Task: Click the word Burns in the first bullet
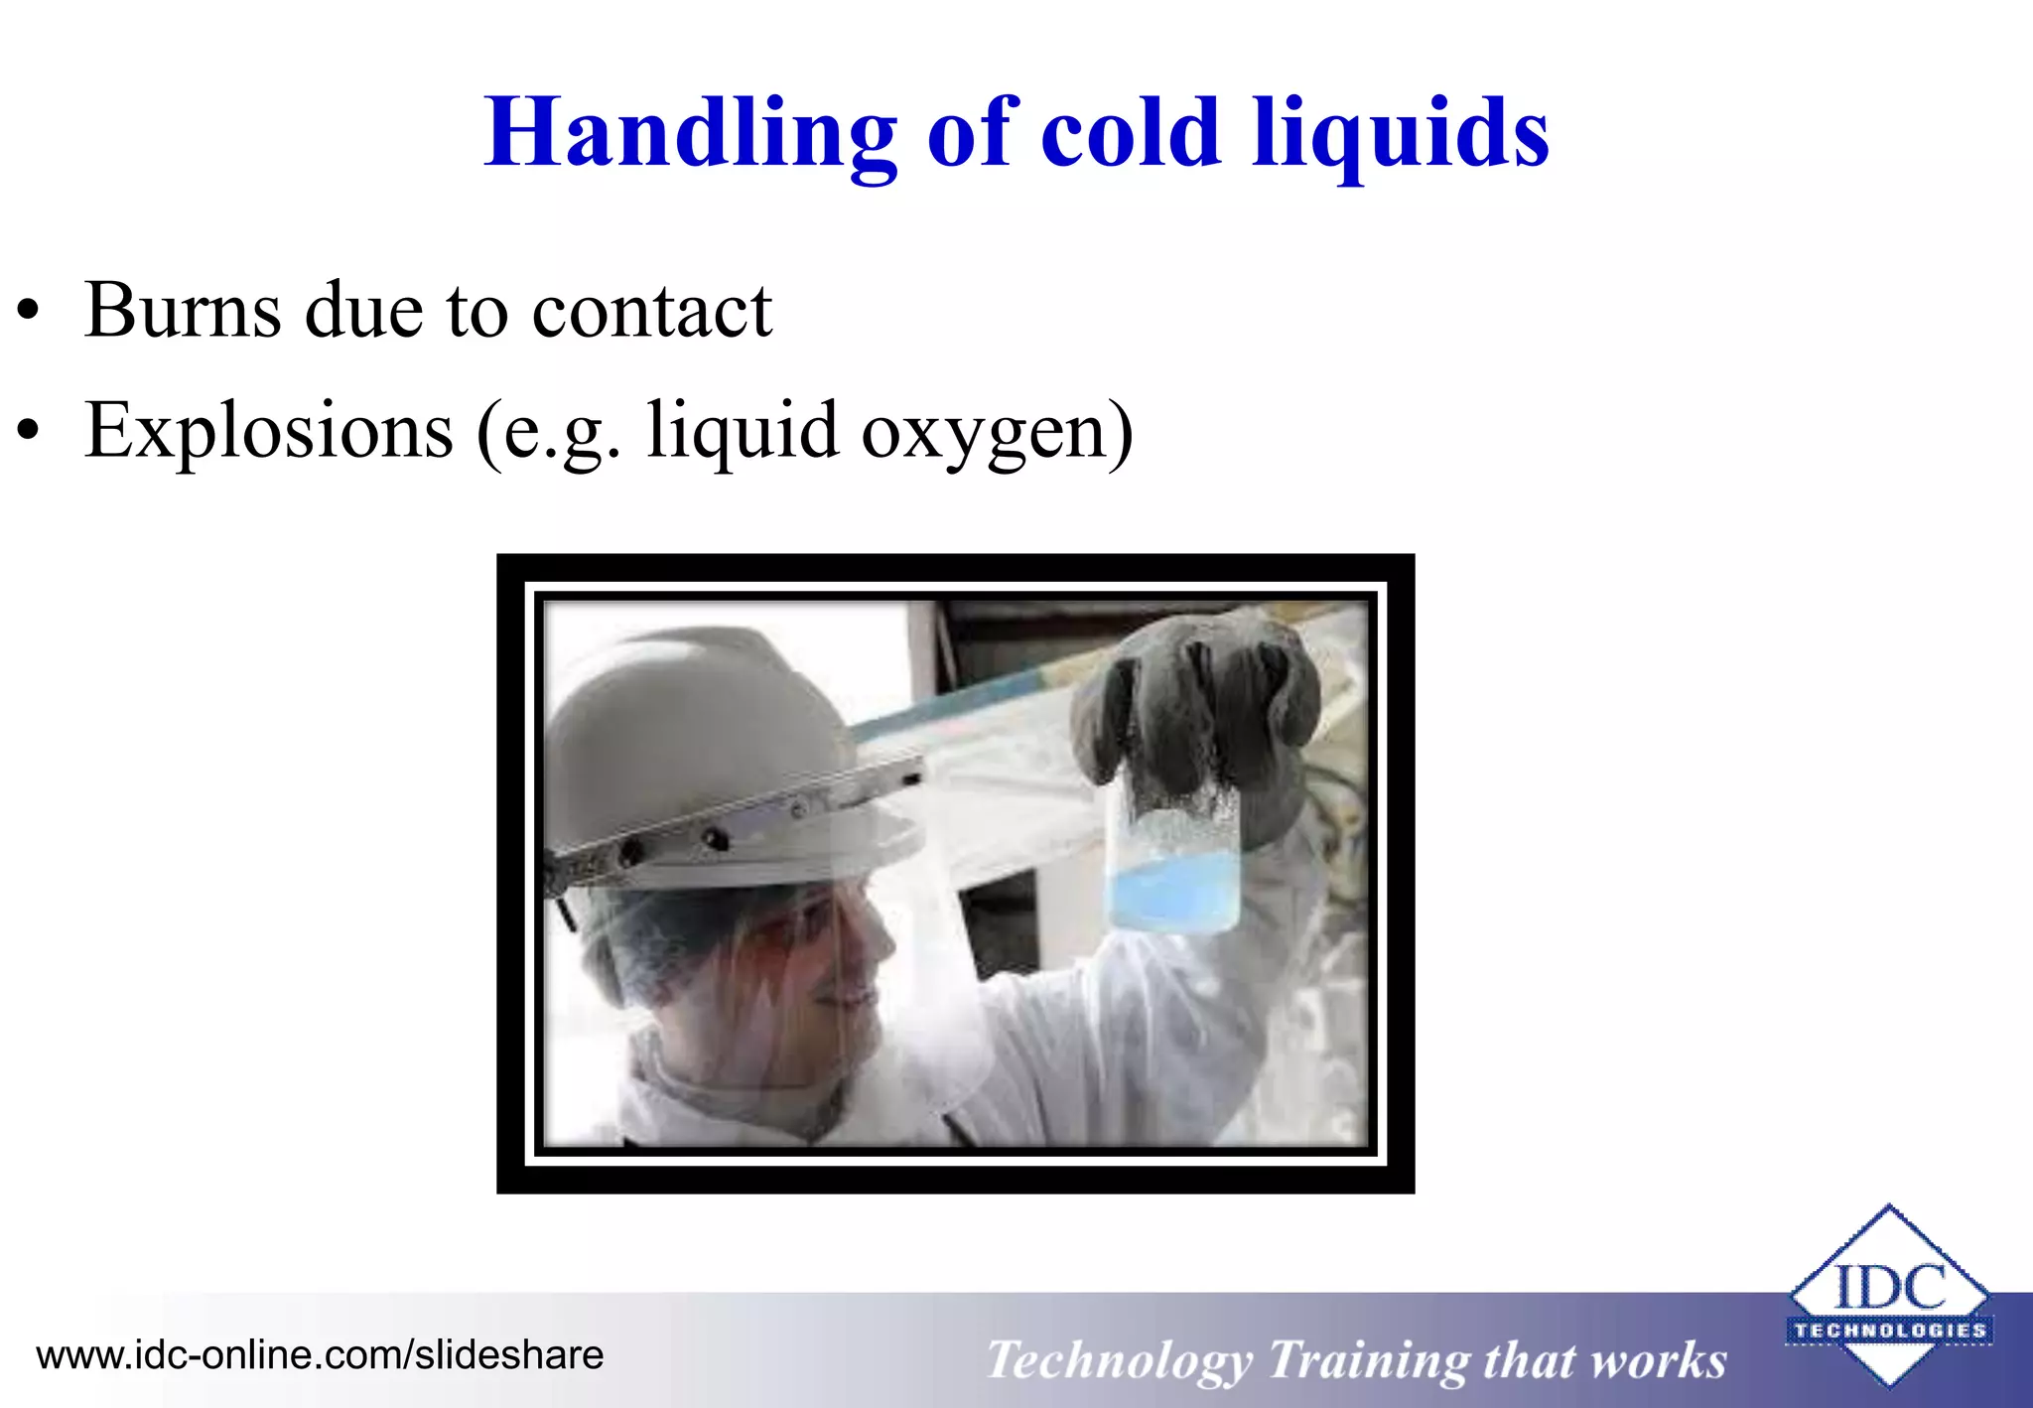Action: [x=183, y=311]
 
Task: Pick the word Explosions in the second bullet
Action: [x=269, y=431]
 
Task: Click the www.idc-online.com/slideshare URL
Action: [x=320, y=1355]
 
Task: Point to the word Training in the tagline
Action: [x=1367, y=1360]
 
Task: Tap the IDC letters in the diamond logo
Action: [x=1889, y=1287]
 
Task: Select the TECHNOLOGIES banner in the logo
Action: [x=1889, y=1331]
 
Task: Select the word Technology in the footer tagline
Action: [x=1119, y=1360]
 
